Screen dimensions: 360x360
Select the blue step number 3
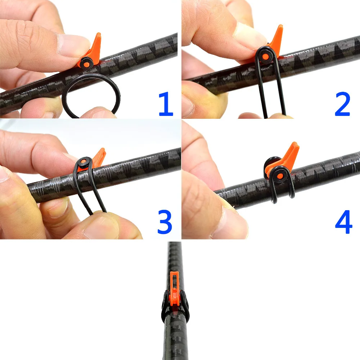(x=165, y=222)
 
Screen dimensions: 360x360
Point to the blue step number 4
(x=344, y=222)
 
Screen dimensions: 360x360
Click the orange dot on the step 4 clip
(x=280, y=176)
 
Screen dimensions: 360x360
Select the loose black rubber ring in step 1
(x=91, y=96)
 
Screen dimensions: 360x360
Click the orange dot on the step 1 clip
(x=86, y=65)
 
